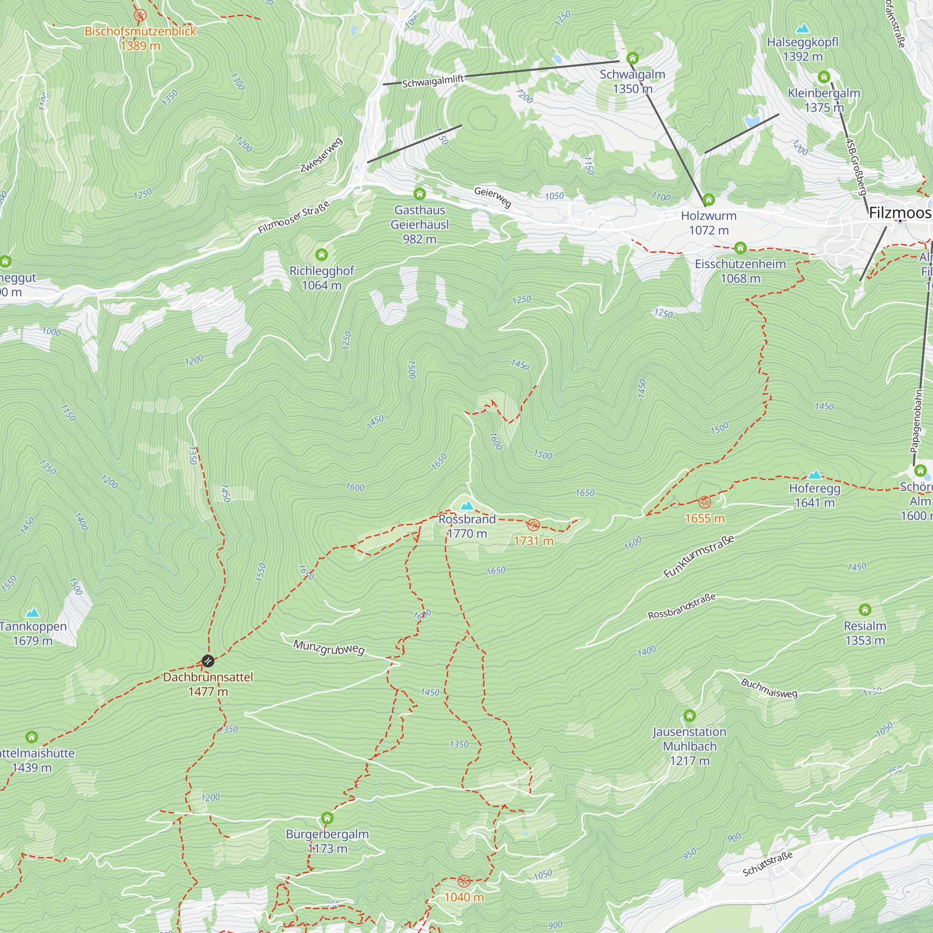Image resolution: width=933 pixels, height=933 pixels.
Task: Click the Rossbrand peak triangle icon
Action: click(466, 506)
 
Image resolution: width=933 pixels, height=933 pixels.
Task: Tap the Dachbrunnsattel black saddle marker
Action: click(208, 661)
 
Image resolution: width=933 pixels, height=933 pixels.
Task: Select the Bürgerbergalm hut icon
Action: click(327, 818)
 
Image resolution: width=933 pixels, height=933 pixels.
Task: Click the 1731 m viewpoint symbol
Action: click(533, 525)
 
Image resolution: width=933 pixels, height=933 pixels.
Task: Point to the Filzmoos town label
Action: click(900, 213)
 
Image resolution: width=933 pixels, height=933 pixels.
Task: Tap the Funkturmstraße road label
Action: click(698, 557)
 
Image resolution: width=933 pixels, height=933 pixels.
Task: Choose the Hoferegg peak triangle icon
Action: click(815, 474)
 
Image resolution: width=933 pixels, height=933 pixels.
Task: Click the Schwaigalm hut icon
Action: click(632, 58)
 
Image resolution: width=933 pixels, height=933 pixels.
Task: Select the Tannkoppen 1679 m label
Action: click(33, 633)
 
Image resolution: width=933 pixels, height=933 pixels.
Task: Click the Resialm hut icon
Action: click(865, 610)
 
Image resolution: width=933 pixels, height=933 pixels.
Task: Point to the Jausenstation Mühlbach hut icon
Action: click(689, 715)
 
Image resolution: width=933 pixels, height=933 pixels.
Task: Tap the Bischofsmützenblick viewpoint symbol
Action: click(140, 15)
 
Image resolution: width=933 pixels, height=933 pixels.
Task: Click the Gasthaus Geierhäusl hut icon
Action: click(419, 194)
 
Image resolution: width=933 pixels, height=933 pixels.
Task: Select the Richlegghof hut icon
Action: click(321, 255)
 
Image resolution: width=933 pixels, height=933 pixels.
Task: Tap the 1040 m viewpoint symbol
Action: click(464, 881)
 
